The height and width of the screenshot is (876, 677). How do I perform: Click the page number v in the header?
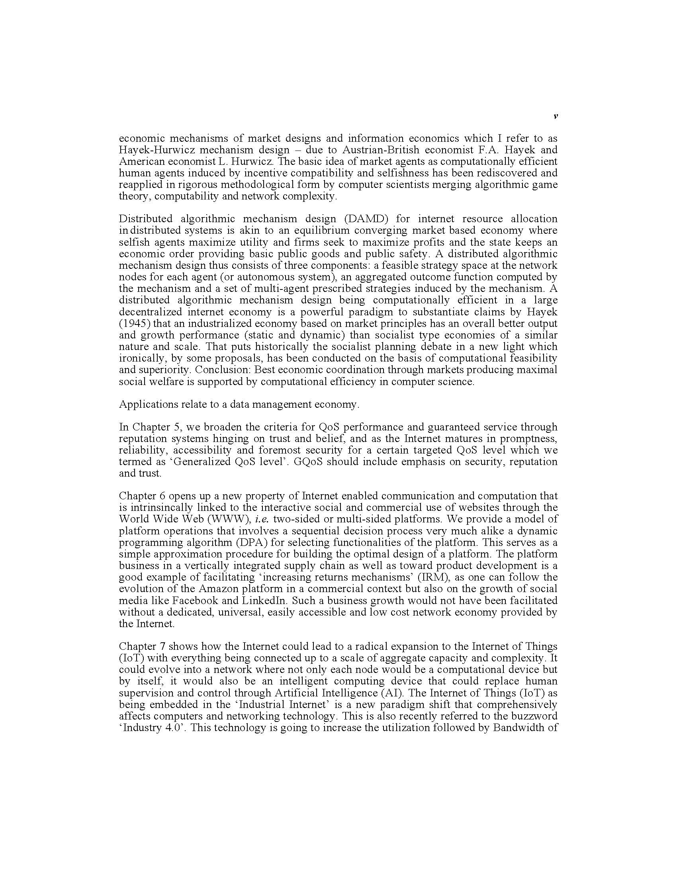pos(555,116)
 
